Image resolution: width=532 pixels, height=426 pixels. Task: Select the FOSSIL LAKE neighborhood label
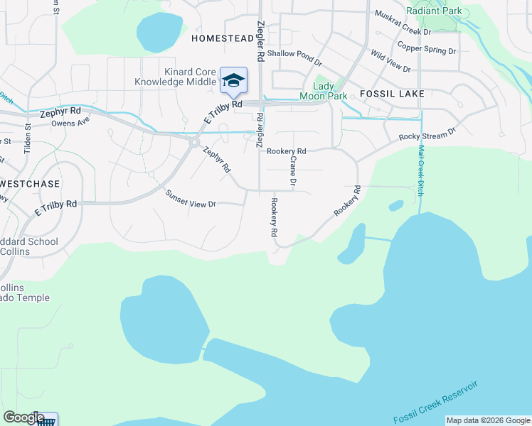pyautogui.click(x=392, y=94)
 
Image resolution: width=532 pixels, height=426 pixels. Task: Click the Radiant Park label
pyautogui.click(x=434, y=11)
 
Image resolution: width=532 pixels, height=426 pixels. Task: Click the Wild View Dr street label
pyautogui.click(x=390, y=60)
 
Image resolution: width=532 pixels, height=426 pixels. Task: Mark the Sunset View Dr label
pyautogui.click(x=190, y=198)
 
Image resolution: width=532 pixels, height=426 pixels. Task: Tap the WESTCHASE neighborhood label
pyautogui.click(x=30, y=183)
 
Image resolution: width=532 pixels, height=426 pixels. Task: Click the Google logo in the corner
pyautogui.click(x=23, y=417)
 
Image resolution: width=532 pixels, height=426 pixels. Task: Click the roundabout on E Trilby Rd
pyautogui.click(x=193, y=141)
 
